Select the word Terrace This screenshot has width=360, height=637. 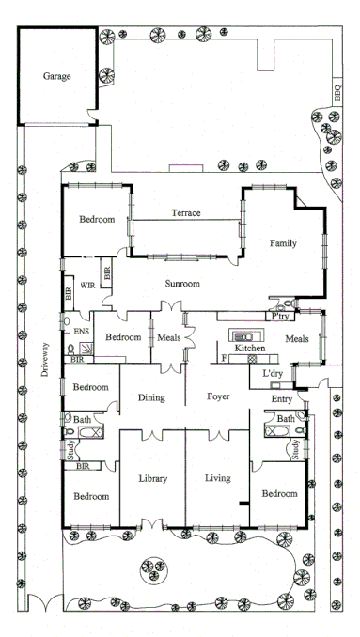pyautogui.click(x=185, y=213)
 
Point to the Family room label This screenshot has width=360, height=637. pyautogui.click(x=283, y=243)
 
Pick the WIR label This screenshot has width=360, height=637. pyautogui.click(x=88, y=285)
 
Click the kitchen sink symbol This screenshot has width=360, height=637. pyautogui.click(x=241, y=335)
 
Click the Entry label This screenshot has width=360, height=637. pyautogui.click(x=282, y=398)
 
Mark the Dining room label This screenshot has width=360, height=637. pyautogui.click(x=151, y=398)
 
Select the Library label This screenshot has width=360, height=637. pyautogui.click(x=152, y=479)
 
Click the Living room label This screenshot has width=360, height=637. pyautogui.click(x=218, y=479)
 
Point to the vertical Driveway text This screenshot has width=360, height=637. pyautogui.click(x=43, y=357)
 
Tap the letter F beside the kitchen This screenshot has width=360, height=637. pyautogui.click(x=222, y=357)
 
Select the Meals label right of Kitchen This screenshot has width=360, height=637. pyautogui.click(x=297, y=339)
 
